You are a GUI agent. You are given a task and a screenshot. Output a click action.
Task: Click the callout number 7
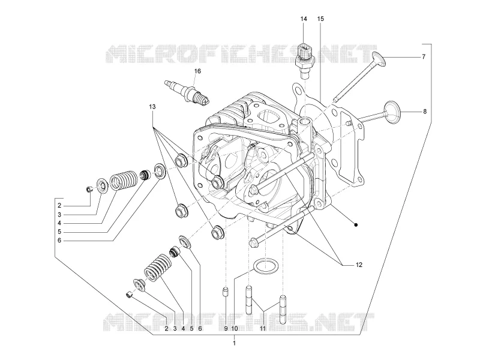(424, 56)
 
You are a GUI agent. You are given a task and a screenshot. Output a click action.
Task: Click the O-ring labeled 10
(266, 266)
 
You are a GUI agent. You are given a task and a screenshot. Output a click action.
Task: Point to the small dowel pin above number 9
(226, 292)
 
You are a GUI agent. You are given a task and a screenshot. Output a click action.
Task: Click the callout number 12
(359, 265)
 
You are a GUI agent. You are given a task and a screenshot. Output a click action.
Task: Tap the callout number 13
(152, 107)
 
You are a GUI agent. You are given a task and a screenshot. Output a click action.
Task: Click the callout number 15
(320, 19)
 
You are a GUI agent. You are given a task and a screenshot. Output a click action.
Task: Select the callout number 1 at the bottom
(234, 343)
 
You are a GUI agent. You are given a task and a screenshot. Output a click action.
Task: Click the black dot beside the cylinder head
(356, 225)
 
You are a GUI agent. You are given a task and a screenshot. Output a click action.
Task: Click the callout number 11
(263, 328)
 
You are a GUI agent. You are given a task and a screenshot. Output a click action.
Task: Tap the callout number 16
(197, 71)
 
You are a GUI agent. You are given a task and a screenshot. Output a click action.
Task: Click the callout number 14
(304, 19)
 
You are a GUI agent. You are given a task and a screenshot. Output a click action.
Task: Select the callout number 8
(425, 112)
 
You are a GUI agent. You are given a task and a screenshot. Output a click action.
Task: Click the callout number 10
(235, 328)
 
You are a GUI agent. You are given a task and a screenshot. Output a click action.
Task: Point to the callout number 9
(226, 328)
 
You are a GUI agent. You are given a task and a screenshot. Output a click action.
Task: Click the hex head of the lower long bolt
(254, 242)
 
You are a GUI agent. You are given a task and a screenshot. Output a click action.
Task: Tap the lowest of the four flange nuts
(217, 233)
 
